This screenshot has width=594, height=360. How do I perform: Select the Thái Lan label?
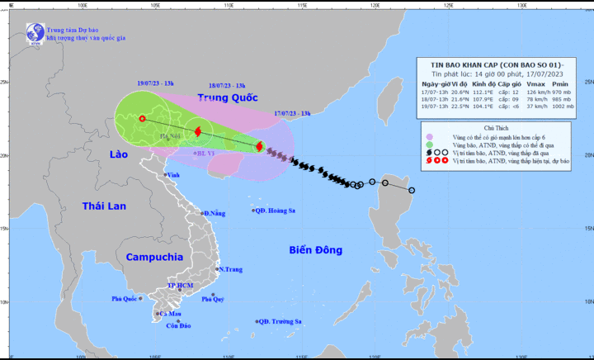click(103, 206)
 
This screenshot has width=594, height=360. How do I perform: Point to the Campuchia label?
click(154, 257)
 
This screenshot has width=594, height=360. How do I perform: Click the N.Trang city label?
click(230, 269)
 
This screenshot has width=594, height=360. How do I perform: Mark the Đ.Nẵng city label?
click(213, 213)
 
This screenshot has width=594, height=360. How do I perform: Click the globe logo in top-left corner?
click(35, 32)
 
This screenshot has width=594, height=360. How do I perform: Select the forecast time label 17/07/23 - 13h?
click(292, 112)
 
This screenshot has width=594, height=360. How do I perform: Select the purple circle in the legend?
click(430, 136)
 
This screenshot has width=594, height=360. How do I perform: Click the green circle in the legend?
click(430, 144)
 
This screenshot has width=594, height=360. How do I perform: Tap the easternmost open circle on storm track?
click(412, 191)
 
